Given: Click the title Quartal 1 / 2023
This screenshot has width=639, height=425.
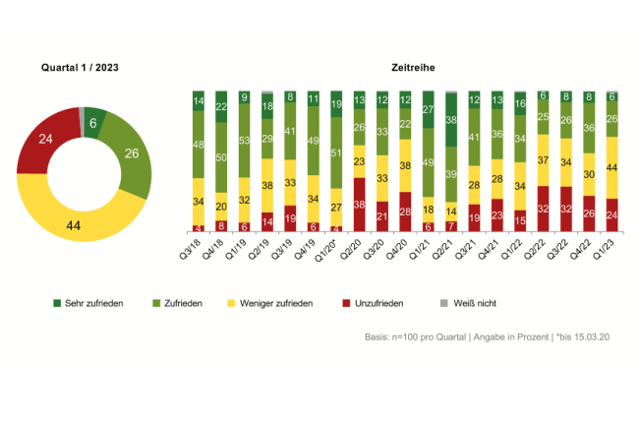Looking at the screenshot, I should tap(81, 67).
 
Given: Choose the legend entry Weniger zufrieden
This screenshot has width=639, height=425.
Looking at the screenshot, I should tap(277, 303).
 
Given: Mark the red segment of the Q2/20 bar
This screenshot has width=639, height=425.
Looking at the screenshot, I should tap(360, 205).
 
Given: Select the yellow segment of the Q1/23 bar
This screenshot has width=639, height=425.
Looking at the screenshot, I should tap(612, 167).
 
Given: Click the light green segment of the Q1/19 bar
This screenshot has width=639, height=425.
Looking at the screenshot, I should tap(243, 141).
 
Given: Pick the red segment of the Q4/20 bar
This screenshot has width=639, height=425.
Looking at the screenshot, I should tap(406, 212).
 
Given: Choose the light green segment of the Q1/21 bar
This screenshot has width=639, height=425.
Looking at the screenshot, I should tap(429, 162).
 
